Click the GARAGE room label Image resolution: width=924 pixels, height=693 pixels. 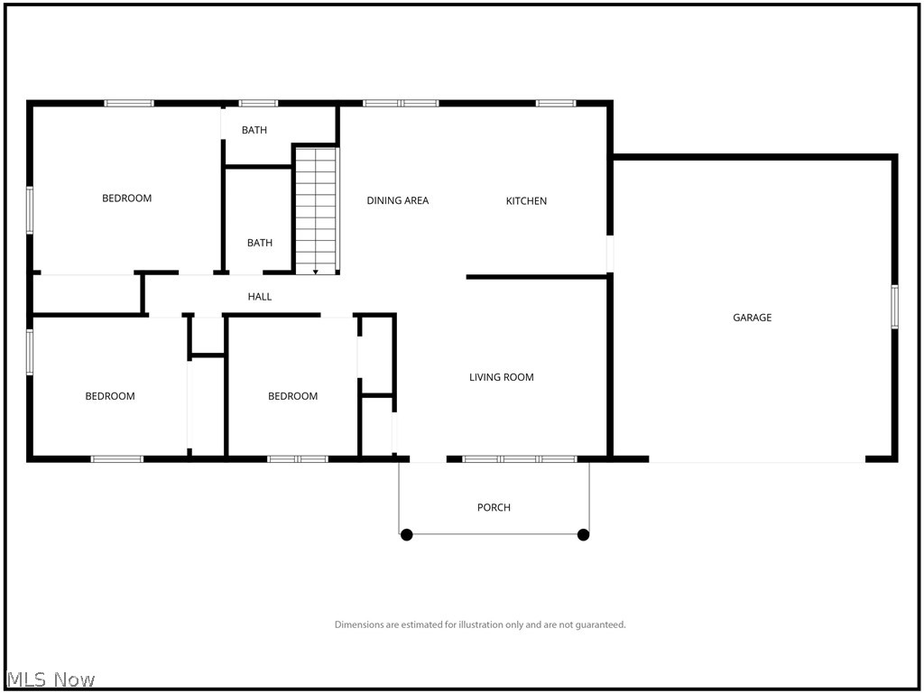pyautogui.click(x=752, y=318)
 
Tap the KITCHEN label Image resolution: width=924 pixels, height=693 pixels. pyautogui.click(x=526, y=201)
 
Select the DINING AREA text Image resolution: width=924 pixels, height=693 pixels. pyautogui.click(x=397, y=200)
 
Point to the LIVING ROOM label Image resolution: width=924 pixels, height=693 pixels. pyautogui.click(x=501, y=377)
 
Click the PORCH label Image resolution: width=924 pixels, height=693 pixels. pyautogui.click(x=494, y=507)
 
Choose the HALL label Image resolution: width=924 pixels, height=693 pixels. pyautogui.click(x=260, y=296)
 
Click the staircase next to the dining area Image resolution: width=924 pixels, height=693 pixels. pyautogui.click(x=316, y=208)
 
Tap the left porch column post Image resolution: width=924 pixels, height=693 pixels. pyautogui.click(x=407, y=535)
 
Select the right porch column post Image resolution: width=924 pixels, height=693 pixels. pyautogui.click(x=583, y=535)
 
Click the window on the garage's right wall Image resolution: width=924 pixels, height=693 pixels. pyautogui.click(x=894, y=307)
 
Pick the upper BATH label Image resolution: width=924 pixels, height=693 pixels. pyautogui.click(x=254, y=130)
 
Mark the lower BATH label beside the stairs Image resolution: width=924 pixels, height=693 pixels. pyautogui.click(x=260, y=243)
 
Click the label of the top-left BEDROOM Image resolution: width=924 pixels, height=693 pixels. pyautogui.click(x=126, y=199)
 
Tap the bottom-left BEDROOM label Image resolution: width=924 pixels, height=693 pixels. pyautogui.click(x=110, y=396)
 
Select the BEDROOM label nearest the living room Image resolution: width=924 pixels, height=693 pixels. pyautogui.click(x=293, y=396)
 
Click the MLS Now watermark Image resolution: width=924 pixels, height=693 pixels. pyautogui.click(x=51, y=679)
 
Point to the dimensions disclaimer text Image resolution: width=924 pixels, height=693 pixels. pyautogui.click(x=480, y=624)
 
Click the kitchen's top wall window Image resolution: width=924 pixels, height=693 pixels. pyautogui.click(x=556, y=103)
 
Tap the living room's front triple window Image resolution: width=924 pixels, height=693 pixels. pyautogui.click(x=520, y=459)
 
